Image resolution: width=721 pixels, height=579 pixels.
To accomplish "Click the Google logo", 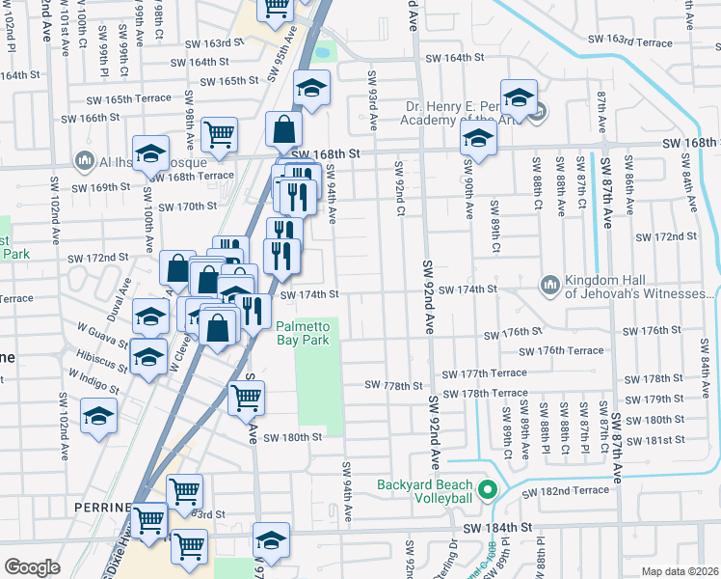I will point(32,567).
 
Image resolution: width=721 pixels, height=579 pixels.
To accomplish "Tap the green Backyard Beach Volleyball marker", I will point(487,489).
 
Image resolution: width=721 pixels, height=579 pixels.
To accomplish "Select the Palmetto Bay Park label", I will point(304,333).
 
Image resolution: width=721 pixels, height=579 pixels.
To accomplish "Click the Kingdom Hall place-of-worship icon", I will point(549,284).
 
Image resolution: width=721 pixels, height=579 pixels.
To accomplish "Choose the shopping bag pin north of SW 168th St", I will point(284,128).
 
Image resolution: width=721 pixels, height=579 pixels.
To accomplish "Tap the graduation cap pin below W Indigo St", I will point(98,416).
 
